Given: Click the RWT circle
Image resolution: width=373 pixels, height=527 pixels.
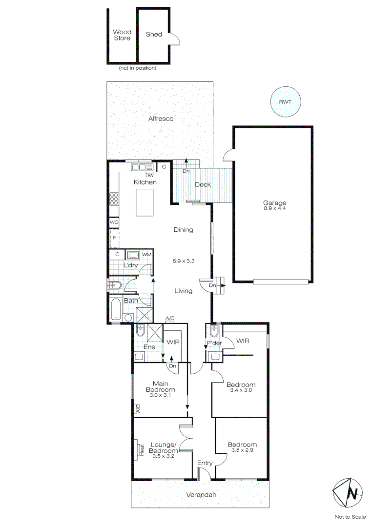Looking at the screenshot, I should tap(286, 102).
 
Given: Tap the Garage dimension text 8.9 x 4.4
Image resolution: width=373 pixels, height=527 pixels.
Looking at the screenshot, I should tap(274, 208).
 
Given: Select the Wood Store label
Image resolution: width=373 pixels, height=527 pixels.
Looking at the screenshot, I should tap(122, 35).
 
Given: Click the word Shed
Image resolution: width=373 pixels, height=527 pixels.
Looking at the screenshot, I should tap(154, 35).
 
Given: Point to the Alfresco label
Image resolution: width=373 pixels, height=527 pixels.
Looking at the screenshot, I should tap(161, 119).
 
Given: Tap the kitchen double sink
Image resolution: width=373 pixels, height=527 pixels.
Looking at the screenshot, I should tap(142, 167).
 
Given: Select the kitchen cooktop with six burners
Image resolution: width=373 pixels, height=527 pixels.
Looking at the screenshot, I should tap(115, 199).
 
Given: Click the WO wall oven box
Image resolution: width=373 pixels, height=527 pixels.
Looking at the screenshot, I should tap(114, 222).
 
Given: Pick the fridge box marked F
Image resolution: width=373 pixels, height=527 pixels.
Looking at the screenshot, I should tap(114, 238).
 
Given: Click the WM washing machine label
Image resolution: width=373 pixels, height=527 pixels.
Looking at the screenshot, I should tap(147, 255).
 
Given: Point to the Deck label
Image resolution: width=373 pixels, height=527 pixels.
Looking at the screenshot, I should tap(203, 184).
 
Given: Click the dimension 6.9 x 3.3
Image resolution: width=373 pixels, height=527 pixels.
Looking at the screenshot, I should tap(184, 261).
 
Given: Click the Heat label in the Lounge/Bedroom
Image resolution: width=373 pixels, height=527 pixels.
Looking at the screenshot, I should tap(141, 447).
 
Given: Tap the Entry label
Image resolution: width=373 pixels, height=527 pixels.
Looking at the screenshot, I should tap(204, 463).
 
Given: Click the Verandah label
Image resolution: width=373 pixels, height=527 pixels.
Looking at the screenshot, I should tap(201, 495).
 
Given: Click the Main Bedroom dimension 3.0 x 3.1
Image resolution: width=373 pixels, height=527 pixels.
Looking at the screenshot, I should tap(161, 396).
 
